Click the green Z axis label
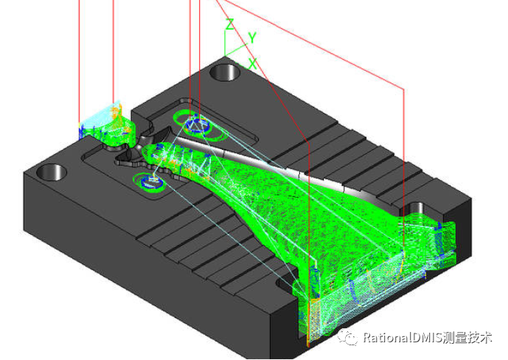(x=230, y=24)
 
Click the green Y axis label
(x=252, y=37)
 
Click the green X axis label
(x=253, y=64)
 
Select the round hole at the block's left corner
(x=50, y=173)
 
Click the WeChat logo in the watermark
(x=347, y=337)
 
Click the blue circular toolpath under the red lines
(x=196, y=123)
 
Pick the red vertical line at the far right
(x=404, y=148)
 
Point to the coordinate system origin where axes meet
(x=227, y=55)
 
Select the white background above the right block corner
(x=442, y=111)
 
